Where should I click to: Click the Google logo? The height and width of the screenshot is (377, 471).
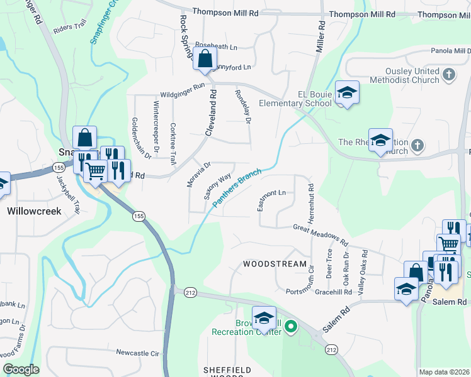point(21,369)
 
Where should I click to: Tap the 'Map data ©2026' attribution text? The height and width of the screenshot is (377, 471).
point(444,372)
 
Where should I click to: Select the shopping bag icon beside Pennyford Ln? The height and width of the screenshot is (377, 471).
point(205,60)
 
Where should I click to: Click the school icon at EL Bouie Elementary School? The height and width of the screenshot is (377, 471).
point(346,93)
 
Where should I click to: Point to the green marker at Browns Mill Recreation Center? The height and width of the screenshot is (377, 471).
point(290,326)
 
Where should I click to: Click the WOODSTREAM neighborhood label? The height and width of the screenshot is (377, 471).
point(275,265)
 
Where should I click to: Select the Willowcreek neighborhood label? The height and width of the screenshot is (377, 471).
point(34,211)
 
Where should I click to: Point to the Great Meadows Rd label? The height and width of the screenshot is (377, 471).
point(321,234)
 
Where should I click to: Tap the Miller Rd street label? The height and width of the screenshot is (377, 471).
point(321,36)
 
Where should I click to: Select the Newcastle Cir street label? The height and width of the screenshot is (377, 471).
point(137,353)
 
